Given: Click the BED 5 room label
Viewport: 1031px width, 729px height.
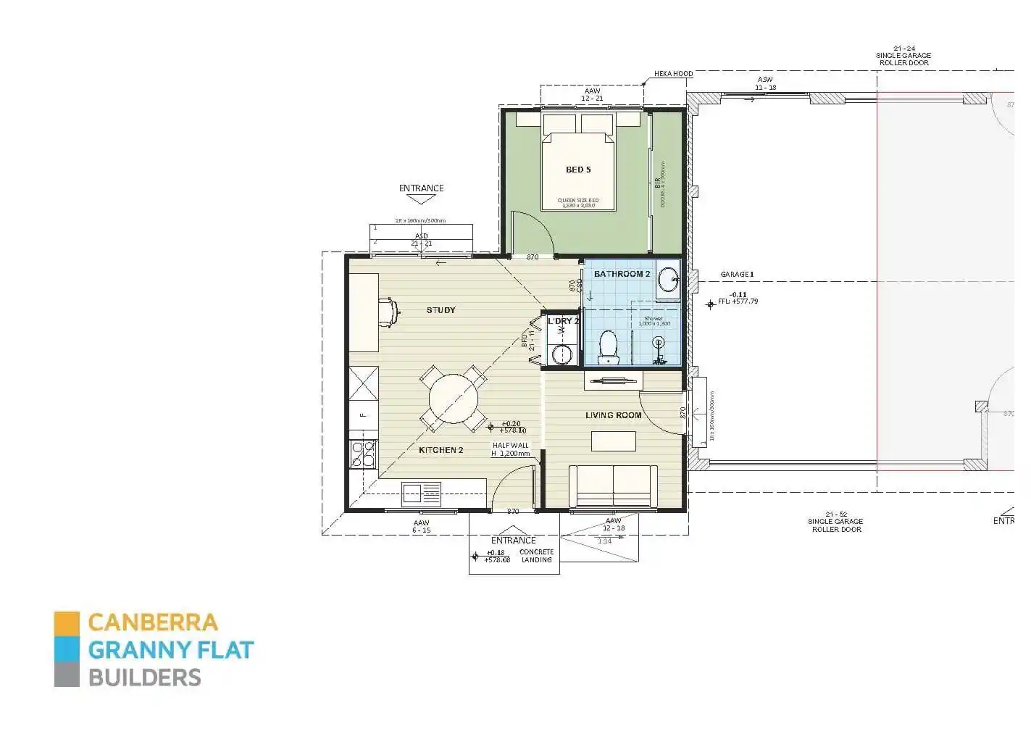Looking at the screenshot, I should point(577,170).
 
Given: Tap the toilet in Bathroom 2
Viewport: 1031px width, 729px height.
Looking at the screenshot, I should point(608,348).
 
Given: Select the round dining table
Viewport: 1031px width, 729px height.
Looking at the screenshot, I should point(454,398).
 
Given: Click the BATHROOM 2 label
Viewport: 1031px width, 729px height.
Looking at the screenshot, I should point(622,274).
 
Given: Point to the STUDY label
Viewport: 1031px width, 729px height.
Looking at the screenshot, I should point(441,310).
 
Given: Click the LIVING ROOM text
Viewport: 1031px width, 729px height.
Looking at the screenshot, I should point(613,415).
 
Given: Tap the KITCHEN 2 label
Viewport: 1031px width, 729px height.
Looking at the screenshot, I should point(441,450).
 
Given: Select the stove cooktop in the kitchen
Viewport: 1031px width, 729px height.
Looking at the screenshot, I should point(363,453).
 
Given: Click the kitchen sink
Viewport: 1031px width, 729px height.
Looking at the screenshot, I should point(422,493).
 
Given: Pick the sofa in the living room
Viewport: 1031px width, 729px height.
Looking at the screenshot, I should point(613,486).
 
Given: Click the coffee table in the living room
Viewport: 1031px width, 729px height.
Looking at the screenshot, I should point(613,441).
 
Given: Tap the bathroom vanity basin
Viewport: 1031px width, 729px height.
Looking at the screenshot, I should point(668,278).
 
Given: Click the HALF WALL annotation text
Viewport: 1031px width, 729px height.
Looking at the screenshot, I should point(511,446).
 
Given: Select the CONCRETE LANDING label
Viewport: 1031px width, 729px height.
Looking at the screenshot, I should point(536,556).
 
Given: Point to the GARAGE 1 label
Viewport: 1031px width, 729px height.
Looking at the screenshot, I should point(737,275).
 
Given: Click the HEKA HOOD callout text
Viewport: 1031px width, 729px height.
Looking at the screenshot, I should point(673,74).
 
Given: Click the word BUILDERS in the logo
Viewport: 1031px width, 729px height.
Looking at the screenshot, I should point(144,678).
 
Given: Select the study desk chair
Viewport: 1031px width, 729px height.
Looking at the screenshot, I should point(391,311).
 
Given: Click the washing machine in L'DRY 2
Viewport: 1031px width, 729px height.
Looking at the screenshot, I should point(562,354).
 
